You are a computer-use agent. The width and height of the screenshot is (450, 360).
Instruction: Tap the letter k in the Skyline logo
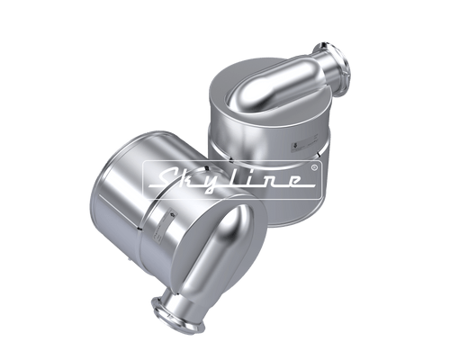tap(193, 178)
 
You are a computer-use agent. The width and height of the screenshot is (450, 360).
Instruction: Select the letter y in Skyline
tap(220, 182)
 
